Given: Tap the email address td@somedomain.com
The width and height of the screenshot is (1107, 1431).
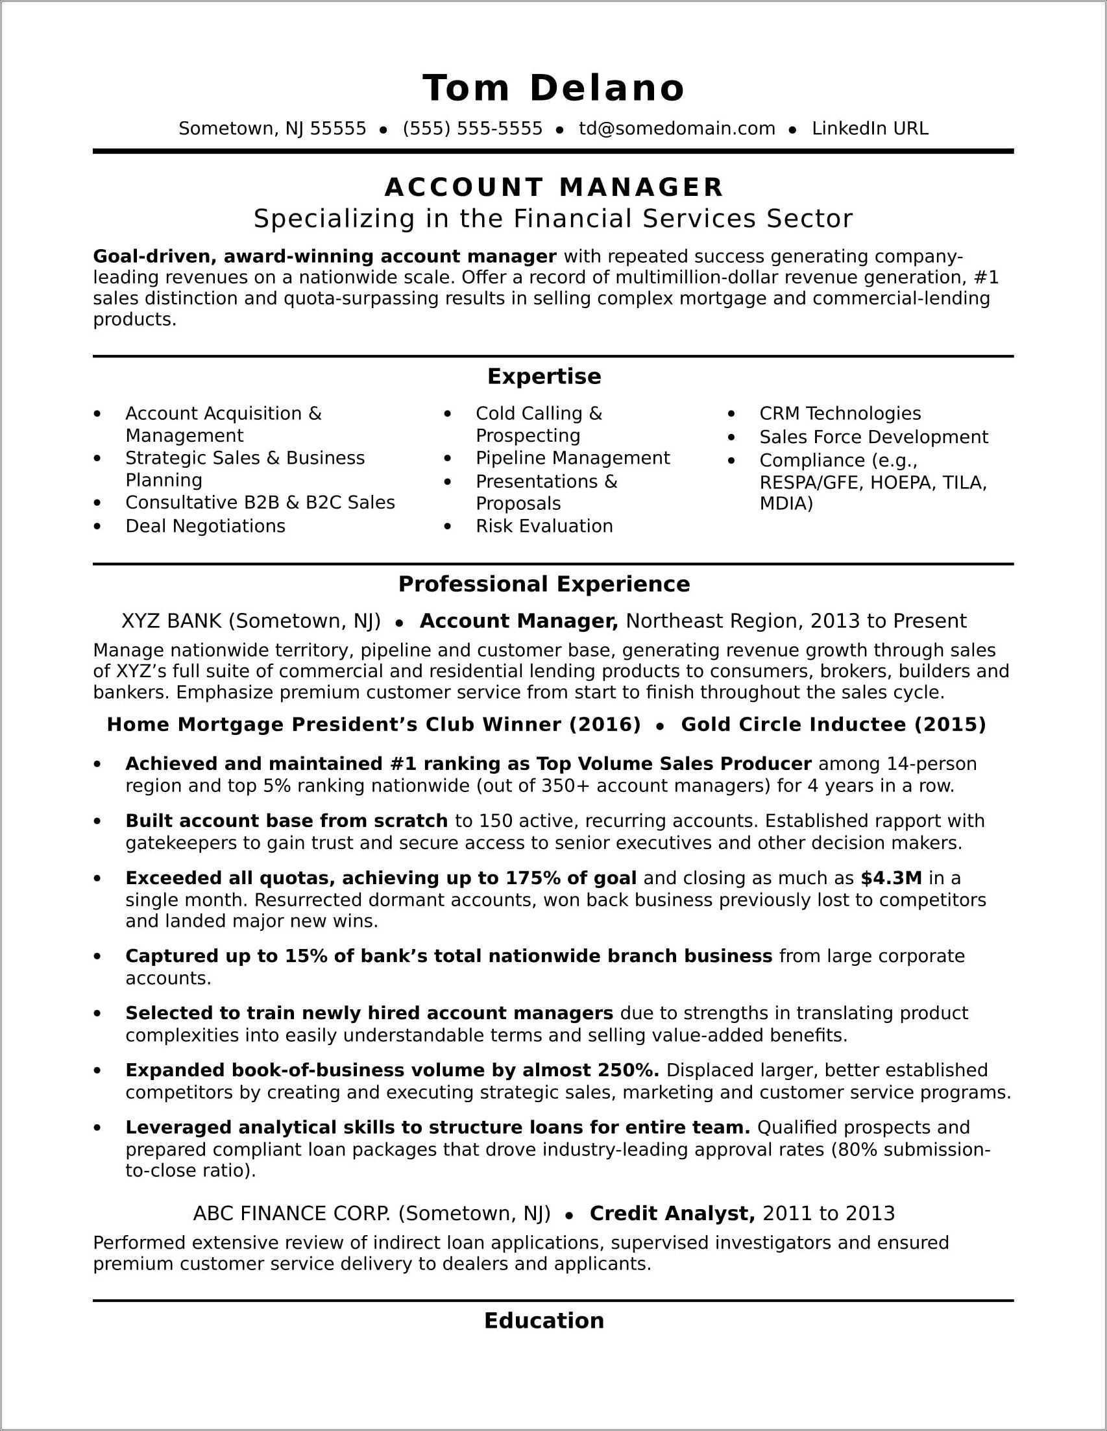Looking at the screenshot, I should [x=676, y=128].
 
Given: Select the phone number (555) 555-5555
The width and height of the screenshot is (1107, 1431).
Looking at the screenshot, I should [x=472, y=128].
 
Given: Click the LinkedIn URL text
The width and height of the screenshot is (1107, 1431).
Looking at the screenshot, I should [x=870, y=128].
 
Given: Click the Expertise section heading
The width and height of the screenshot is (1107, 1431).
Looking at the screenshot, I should [x=544, y=376].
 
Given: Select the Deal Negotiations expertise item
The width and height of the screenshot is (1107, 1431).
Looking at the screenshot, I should [x=205, y=526].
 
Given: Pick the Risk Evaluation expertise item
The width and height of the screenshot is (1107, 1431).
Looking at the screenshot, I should [x=544, y=526].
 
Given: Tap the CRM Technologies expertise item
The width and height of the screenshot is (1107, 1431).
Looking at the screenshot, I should [x=840, y=413].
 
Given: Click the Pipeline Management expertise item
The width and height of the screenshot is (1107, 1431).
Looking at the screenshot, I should [x=572, y=458].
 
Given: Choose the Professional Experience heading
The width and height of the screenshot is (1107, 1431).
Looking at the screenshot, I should [x=544, y=584].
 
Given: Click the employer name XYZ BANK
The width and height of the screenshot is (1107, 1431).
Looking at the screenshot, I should [x=172, y=621].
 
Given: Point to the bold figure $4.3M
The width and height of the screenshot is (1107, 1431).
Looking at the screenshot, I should [x=891, y=878].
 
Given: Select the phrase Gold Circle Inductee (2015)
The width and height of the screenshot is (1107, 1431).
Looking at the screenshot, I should [x=833, y=724].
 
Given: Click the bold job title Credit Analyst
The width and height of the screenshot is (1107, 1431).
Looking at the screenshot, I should [x=672, y=1214].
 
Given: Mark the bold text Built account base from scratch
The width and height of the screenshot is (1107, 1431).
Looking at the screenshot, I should [x=286, y=821].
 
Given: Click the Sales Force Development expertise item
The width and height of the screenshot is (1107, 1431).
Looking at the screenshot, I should [x=873, y=437].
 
